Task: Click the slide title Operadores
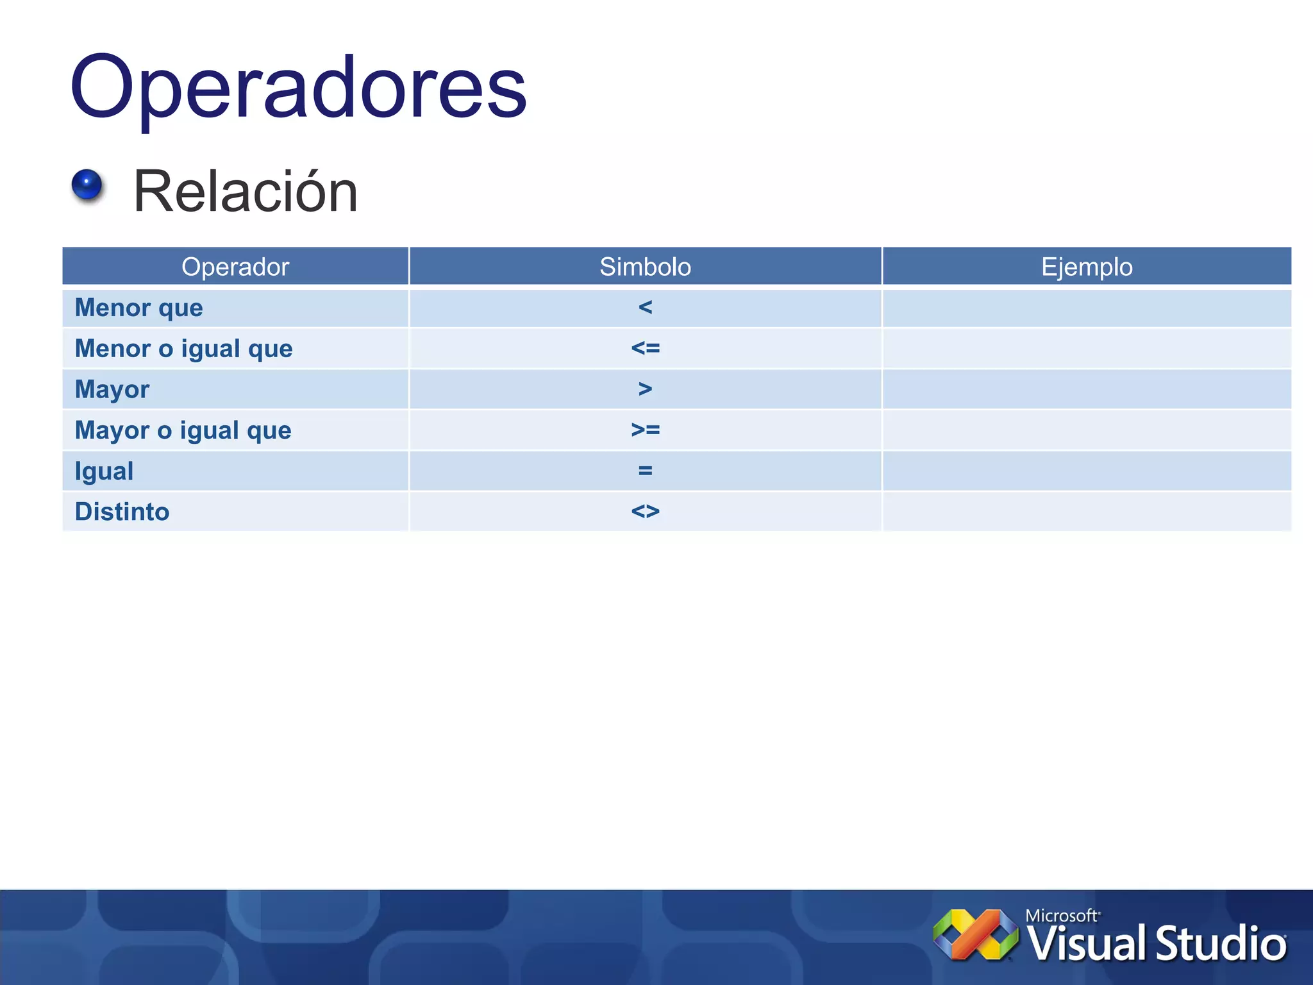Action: (298, 87)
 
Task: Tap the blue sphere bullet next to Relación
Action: (87, 185)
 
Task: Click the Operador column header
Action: (235, 267)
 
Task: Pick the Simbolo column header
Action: (645, 267)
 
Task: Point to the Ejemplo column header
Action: (1087, 267)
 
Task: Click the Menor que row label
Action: (139, 308)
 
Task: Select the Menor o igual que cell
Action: (184, 349)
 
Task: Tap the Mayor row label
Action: (112, 389)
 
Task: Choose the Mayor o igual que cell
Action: (183, 430)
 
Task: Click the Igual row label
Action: (105, 471)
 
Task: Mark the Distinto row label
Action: (122, 512)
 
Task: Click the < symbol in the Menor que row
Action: (645, 308)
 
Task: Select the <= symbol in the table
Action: (645, 348)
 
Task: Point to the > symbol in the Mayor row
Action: (645, 389)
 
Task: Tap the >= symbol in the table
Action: (645, 430)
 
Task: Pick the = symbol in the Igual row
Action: (645, 471)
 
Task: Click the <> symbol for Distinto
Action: (645, 512)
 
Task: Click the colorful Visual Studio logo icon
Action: (976, 935)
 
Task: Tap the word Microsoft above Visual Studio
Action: (1061, 916)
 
